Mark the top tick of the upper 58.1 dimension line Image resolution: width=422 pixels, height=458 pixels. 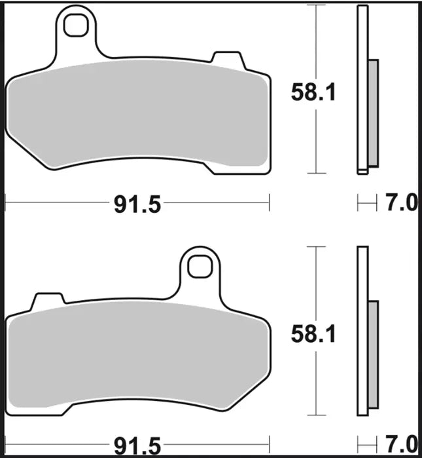coord(317,5)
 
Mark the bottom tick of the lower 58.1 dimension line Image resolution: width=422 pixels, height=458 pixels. coord(317,415)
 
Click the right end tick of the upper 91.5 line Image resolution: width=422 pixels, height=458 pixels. coord(269,203)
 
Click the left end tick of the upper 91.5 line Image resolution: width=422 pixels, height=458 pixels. coord(5,203)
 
